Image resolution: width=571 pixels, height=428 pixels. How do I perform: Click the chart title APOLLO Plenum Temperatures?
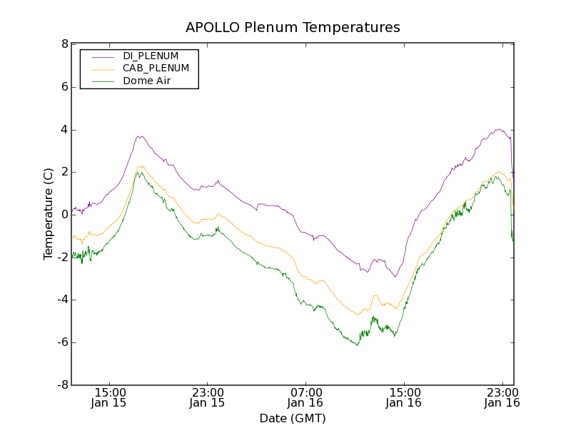point(293,28)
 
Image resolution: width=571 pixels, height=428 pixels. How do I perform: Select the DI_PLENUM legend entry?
point(151,56)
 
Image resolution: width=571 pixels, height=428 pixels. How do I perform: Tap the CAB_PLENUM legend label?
point(156,68)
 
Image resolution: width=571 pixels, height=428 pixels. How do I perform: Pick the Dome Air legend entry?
point(147,81)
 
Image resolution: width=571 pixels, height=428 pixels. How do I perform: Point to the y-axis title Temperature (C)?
point(48,214)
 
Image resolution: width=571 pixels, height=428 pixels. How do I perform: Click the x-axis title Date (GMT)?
point(293,418)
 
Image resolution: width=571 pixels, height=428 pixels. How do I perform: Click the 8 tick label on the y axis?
point(64,44)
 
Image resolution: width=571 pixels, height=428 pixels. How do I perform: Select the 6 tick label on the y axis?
point(64,87)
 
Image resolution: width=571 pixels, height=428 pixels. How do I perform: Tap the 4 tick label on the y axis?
point(64,130)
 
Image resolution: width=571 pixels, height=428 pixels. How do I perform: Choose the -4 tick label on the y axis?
point(62,300)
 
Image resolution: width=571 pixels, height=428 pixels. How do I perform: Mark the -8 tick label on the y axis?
point(62,385)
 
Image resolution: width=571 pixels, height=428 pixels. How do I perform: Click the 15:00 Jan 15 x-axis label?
point(110,397)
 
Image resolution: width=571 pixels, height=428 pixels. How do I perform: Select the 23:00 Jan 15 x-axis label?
point(207,397)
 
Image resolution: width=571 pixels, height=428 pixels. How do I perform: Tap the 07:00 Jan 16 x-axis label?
point(305,397)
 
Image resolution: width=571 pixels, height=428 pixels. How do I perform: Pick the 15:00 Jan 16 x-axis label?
point(403,397)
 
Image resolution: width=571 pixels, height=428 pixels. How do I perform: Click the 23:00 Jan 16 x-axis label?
point(501,397)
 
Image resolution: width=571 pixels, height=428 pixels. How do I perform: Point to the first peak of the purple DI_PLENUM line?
point(141,136)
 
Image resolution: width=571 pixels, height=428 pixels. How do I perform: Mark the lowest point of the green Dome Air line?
point(357,345)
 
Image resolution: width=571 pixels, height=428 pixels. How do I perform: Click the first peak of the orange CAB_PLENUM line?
point(141,166)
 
